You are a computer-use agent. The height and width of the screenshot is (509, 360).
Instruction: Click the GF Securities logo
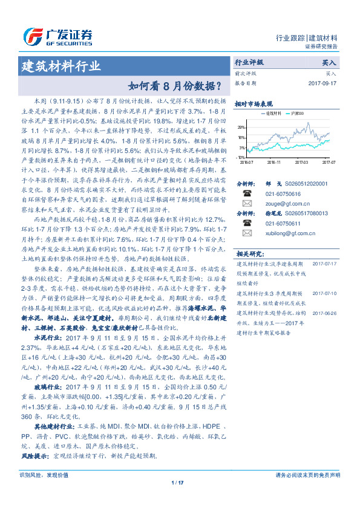[x=57, y=35]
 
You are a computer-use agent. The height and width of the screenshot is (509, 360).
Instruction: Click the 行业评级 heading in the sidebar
[x=249, y=62]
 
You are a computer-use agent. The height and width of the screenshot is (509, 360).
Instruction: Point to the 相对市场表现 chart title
[x=254, y=103]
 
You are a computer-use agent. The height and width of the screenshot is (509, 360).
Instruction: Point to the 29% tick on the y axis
[x=242, y=128]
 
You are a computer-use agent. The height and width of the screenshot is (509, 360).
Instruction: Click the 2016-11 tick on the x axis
[x=273, y=162]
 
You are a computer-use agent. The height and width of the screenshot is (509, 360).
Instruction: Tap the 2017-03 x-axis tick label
[x=301, y=162]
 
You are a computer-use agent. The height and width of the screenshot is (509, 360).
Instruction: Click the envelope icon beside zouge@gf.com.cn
[x=247, y=205]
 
